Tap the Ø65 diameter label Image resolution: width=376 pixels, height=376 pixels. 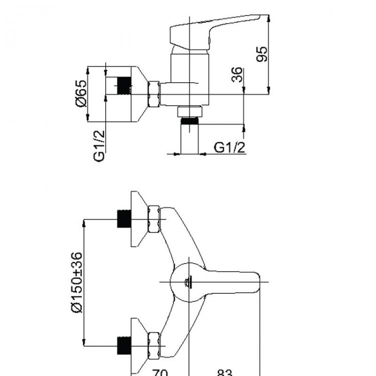click(x=80, y=93)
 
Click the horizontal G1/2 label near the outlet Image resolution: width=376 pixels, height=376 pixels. click(x=230, y=147)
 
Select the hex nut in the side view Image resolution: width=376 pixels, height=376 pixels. click(x=153, y=93)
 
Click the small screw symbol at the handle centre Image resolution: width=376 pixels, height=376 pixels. click(x=189, y=282)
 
